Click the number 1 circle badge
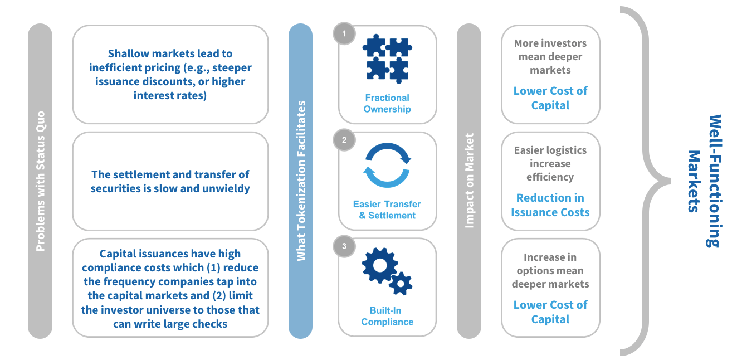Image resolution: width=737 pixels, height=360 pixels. [x=344, y=33]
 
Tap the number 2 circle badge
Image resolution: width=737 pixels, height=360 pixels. [x=344, y=140]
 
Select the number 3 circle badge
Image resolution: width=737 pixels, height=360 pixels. [x=344, y=246]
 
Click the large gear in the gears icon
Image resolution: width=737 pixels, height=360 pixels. [x=380, y=265]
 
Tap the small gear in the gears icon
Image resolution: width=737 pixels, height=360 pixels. [x=401, y=284]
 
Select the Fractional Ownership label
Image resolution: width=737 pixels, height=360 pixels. [x=387, y=103]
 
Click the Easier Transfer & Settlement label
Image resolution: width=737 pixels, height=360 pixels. [x=387, y=210]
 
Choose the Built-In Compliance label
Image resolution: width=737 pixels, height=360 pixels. [x=387, y=316]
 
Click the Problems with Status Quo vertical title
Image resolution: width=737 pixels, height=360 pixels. [x=40, y=181]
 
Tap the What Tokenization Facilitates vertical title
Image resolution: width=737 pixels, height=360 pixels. [x=301, y=181]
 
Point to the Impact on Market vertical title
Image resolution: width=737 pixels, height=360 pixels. [x=469, y=181]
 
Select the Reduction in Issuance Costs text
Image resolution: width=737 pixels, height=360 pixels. [x=550, y=205]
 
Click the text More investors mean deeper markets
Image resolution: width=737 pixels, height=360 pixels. [x=550, y=57]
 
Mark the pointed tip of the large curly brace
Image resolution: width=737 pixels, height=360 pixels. [x=670, y=181]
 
